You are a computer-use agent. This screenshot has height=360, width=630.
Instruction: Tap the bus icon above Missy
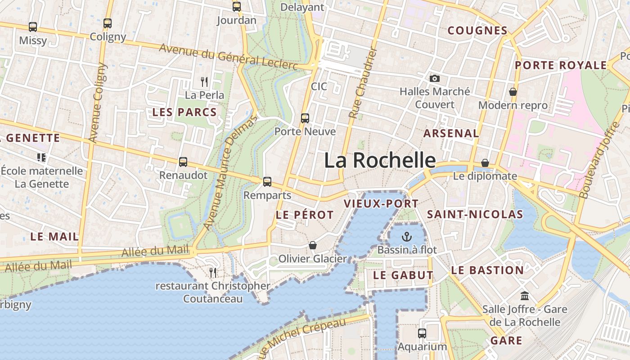[33, 27]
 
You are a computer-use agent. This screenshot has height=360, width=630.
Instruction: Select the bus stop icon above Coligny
[107, 23]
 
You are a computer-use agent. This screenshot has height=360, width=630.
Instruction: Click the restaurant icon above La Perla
[204, 81]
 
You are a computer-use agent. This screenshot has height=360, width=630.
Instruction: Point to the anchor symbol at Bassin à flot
[407, 236]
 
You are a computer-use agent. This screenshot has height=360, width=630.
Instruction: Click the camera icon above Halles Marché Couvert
[434, 78]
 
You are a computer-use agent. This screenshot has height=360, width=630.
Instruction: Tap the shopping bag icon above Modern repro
[513, 92]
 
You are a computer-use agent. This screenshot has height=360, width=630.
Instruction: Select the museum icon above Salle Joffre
[524, 296]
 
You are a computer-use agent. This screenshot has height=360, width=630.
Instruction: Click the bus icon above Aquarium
[422, 333]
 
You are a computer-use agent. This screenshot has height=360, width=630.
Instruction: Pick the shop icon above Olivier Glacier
[312, 245]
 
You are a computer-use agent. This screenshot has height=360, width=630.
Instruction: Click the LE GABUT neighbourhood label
[404, 275]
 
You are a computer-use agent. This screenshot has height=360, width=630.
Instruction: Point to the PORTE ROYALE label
[561, 65]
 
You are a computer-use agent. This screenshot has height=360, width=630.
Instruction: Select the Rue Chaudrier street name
[363, 84]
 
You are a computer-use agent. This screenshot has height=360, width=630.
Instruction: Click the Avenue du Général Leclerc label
[228, 58]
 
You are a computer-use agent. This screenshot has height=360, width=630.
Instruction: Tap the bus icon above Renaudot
[183, 162]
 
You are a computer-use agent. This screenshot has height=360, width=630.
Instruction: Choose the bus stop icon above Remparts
[267, 182]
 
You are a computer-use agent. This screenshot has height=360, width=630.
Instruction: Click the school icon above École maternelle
[41, 157]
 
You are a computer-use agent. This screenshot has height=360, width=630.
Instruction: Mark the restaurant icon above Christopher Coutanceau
[213, 272]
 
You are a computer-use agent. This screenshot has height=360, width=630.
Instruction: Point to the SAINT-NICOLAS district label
[475, 214]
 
